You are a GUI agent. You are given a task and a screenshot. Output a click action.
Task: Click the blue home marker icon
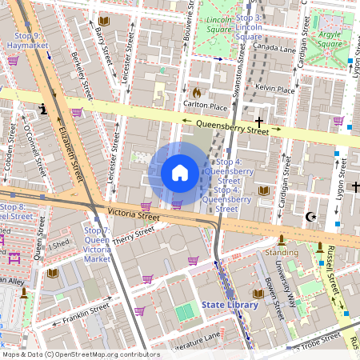click(179, 173)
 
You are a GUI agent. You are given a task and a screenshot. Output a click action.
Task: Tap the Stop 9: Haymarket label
click(28, 41)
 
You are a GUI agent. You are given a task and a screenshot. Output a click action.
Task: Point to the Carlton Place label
click(206, 105)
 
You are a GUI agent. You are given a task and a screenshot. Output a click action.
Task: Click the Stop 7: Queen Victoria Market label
click(97, 244)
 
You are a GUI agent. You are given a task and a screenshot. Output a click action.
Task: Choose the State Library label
click(230, 305)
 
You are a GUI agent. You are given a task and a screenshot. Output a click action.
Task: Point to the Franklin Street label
click(87, 308)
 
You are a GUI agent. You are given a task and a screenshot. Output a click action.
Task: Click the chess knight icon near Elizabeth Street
click(42, 108)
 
